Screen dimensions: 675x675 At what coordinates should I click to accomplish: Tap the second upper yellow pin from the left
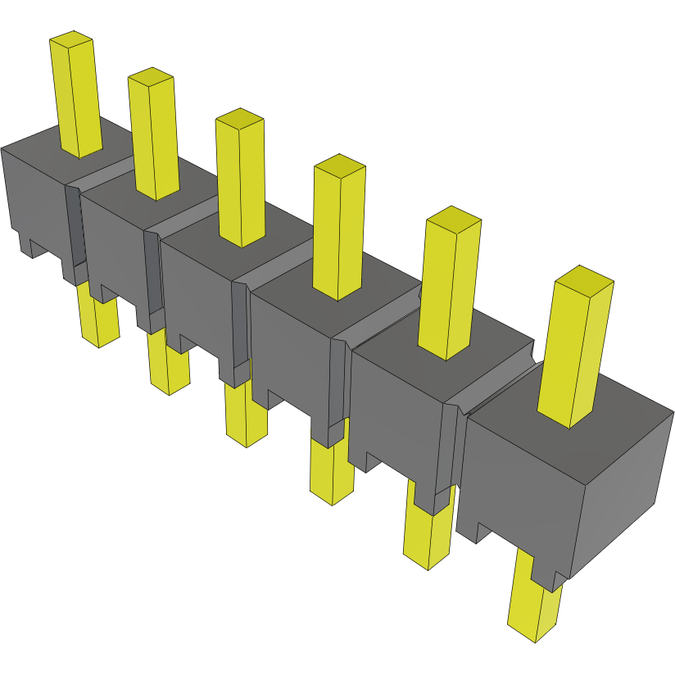(x=154, y=139)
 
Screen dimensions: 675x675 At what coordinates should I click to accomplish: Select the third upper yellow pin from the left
(x=241, y=184)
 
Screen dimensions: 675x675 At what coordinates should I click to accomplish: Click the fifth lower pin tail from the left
(x=427, y=537)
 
